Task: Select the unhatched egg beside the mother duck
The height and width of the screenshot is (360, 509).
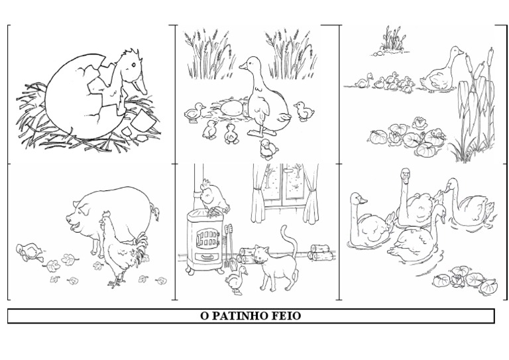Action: click(231, 108)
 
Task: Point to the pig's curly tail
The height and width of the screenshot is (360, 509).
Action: click(155, 211)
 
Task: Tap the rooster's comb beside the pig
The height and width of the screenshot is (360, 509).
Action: click(107, 214)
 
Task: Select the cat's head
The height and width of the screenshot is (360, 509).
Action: click(261, 254)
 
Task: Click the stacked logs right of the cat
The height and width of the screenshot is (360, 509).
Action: click(321, 253)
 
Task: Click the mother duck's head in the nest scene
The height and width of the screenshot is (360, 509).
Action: click(251, 64)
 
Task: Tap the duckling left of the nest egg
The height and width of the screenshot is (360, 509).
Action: click(195, 112)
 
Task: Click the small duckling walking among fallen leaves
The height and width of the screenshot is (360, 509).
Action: click(29, 252)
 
